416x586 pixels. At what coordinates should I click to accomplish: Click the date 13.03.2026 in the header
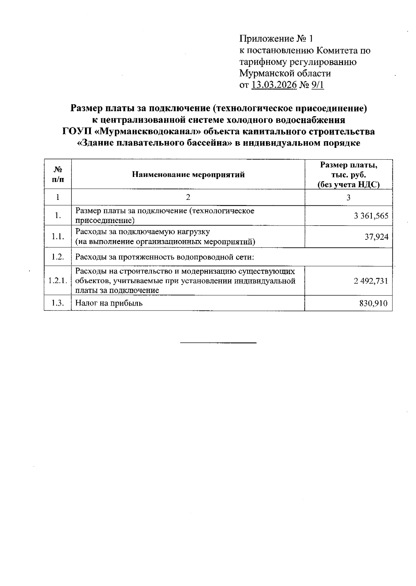[274, 85]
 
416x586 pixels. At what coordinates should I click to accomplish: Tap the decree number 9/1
[318, 85]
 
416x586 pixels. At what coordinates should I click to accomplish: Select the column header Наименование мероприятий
[188, 175]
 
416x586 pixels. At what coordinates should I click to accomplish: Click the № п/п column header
[58, 175]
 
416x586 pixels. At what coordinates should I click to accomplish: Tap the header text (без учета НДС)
[348, 185]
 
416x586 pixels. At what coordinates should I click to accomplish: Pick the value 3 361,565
[371, 216]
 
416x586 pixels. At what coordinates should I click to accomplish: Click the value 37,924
[376, 237]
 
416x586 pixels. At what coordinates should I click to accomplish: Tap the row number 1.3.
[58, 303]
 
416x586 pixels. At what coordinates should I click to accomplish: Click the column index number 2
[188, 197]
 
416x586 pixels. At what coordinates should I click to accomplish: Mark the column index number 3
[348, 197]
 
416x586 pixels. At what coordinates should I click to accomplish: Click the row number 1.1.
[58, 237]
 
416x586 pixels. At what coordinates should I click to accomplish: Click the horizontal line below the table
[218, 343]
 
